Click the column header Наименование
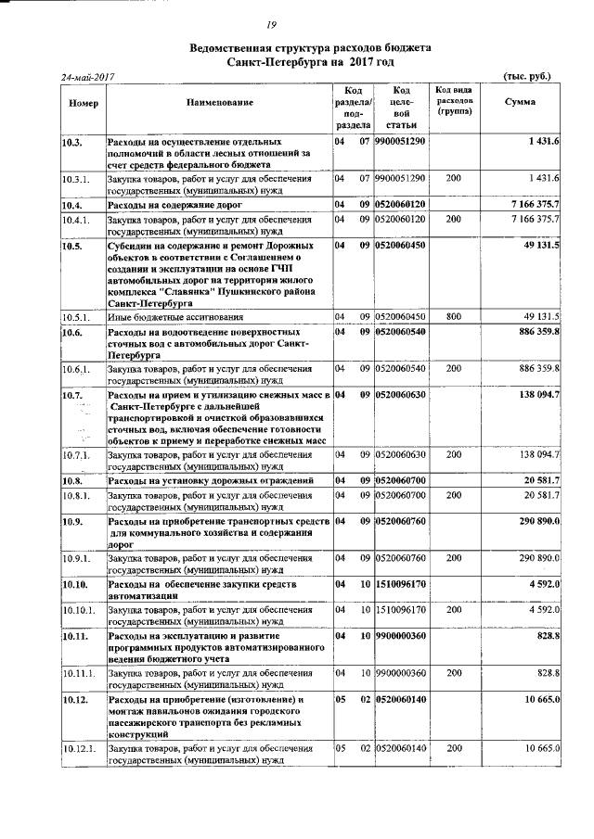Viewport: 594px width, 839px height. click(x=219, y=101)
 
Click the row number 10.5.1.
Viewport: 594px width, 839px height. click(x=75, y=314)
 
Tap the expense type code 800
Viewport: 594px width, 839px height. click(x=453, y=314)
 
